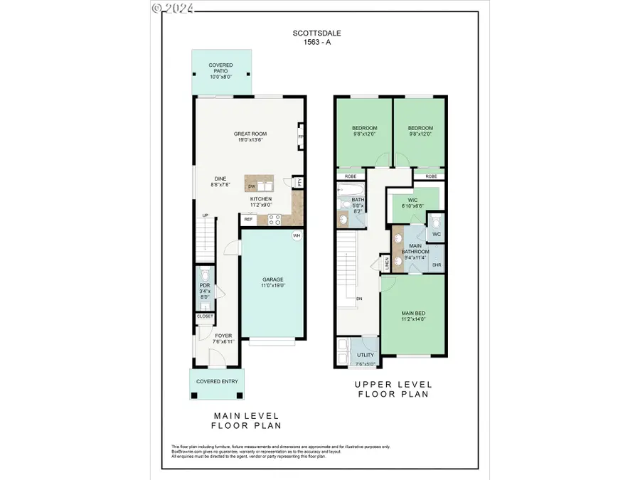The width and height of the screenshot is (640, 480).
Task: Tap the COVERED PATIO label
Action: (x=220, y=68)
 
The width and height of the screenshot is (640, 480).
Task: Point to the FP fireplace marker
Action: (x=301, y=136)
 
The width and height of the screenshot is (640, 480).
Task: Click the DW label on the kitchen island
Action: (x=252, y=186)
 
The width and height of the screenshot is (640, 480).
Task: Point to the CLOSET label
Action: (x=205, y=316)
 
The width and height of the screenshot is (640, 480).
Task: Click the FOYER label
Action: (x=224, y=339)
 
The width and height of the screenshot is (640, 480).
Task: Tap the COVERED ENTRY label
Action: (x=217, y=381)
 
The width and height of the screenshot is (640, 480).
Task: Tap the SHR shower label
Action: (x=437, y=265)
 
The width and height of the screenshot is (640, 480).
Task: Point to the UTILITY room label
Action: (x=366, y=354)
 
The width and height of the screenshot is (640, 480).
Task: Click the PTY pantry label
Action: (x=299, y=182)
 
